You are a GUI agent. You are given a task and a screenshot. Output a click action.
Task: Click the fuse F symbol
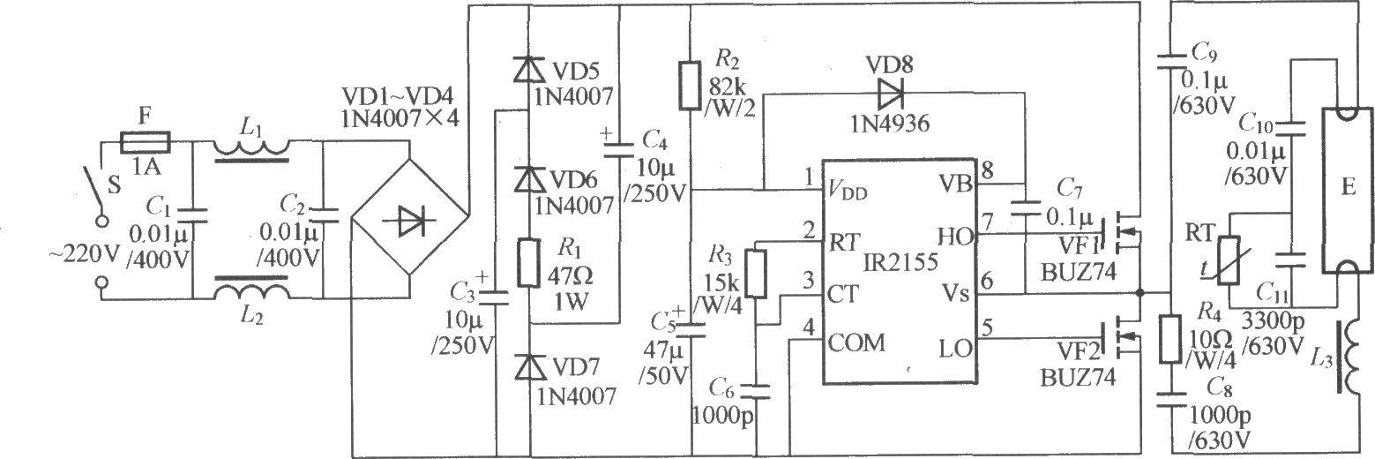[145, 142]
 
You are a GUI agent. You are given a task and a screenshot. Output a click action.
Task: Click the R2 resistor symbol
[690, 85]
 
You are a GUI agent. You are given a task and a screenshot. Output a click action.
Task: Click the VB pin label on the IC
[956, 183]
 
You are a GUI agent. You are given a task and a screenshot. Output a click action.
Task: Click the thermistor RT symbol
[1229, 260]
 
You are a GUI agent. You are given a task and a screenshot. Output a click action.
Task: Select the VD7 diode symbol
[529, 367]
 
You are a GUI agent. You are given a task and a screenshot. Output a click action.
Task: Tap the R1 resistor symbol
[528, 263]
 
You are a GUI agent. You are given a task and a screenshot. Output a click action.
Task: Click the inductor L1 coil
[251, 149]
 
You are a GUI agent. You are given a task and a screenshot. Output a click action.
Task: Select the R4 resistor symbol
[1170, 340]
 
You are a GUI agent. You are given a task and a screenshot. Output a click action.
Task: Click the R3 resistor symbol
[756, 274]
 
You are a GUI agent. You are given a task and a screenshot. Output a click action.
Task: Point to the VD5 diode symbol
[528, 69]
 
